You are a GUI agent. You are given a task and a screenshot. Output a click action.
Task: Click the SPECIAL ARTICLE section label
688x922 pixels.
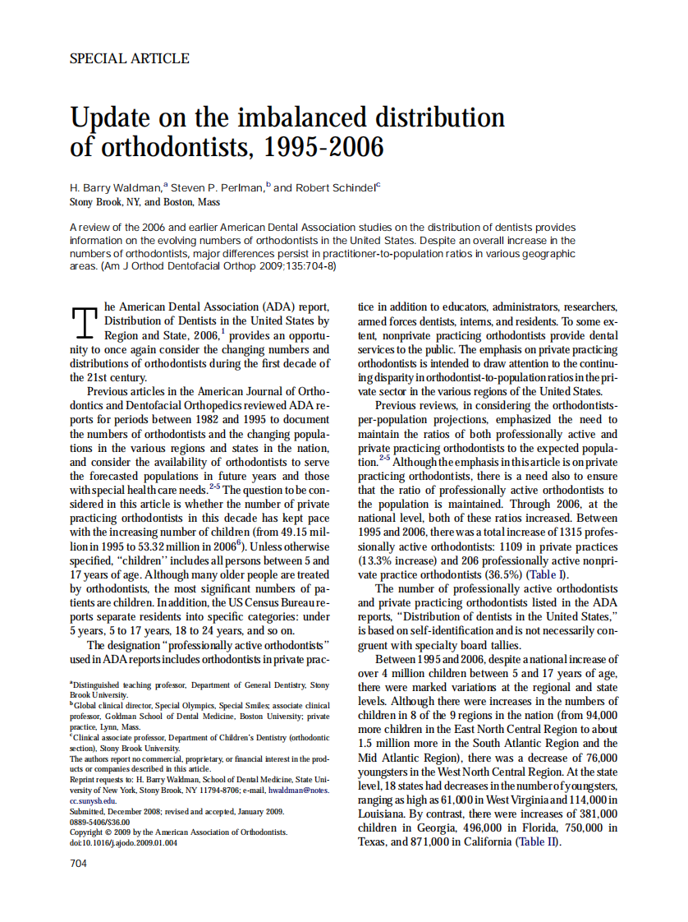tap(129, 58)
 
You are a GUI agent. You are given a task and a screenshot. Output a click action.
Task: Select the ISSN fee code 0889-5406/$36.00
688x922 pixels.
tap(99, 821)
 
